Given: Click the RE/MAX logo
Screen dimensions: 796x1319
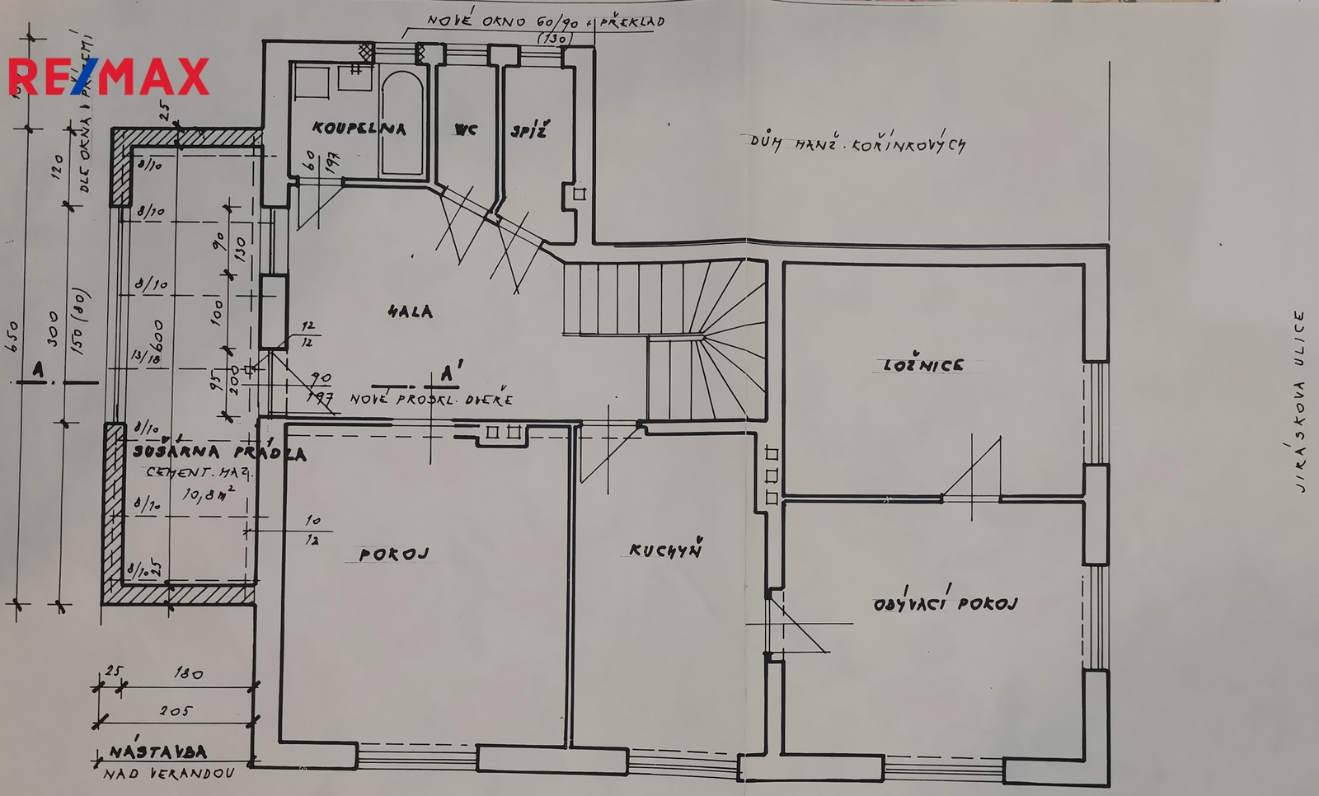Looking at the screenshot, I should [109, 77].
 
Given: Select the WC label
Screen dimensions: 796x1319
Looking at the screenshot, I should [465, 129].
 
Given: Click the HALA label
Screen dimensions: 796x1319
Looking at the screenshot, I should [410, 311].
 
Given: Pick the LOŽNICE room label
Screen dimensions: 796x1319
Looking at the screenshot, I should [922, 364].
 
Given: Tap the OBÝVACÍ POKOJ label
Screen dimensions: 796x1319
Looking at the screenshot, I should [945, 603].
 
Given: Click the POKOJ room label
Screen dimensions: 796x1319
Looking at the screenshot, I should [394, 555].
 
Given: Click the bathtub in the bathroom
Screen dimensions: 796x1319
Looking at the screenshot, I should [402, 124].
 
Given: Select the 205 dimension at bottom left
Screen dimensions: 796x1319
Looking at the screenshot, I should [176, 710].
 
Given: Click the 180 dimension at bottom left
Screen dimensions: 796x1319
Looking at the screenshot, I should [188, 673].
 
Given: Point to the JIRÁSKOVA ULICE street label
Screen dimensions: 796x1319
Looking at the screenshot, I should [1300, 401].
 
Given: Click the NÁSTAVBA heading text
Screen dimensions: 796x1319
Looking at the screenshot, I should [157, 752].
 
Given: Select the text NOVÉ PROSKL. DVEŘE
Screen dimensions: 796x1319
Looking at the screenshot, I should [431, 400].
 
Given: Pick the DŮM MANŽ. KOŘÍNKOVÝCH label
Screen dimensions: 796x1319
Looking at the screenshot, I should [857, 144].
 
